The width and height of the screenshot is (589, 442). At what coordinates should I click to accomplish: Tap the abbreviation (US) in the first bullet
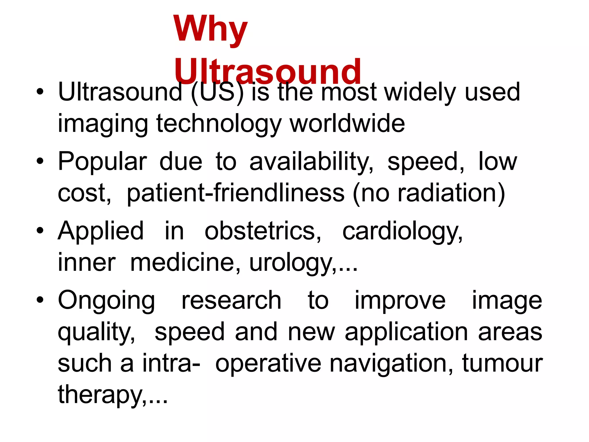217,93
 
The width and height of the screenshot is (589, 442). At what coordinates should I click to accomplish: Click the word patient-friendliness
236,193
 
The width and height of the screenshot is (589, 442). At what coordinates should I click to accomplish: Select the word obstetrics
263,231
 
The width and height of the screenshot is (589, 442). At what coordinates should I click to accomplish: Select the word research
231,301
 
